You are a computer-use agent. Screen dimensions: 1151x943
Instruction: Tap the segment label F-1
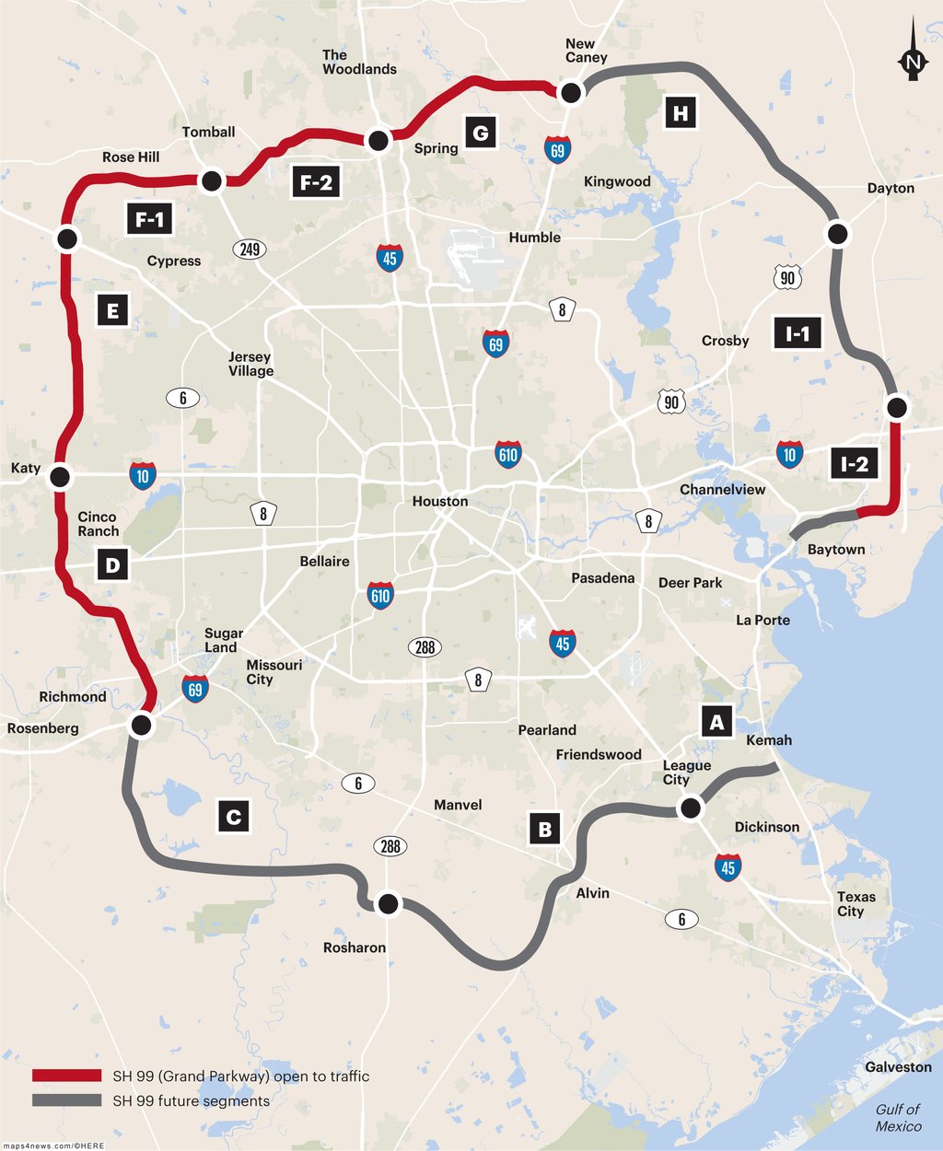click(149, 219)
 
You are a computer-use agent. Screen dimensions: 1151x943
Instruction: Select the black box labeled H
click(681, 113)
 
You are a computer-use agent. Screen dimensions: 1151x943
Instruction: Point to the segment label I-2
click(854, 464)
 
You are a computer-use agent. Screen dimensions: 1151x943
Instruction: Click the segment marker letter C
click(234, 816)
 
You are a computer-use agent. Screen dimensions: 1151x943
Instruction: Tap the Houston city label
click(440, 501)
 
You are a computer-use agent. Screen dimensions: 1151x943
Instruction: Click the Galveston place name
click(898, 1067)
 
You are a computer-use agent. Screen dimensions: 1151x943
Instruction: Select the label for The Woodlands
click(359, 62)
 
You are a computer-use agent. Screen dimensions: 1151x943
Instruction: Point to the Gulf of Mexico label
click(898, 1118)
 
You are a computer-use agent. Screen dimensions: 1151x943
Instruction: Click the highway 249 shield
click(250, 249)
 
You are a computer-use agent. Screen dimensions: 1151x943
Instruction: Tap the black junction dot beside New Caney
click(571, 91)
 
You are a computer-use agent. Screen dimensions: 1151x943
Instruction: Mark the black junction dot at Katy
click(60, 477)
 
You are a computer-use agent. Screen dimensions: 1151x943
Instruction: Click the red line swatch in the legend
click(66, 1075)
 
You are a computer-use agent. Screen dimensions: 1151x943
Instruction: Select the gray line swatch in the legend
click(66, 1100)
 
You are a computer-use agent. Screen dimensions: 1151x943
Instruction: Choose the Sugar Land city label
click(223, 640)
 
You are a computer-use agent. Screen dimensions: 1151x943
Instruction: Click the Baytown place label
click(836, 550)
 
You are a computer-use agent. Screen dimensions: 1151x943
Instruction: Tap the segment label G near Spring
click(480, 133)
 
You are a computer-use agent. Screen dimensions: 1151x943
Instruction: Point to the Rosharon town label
click(355, 948)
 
